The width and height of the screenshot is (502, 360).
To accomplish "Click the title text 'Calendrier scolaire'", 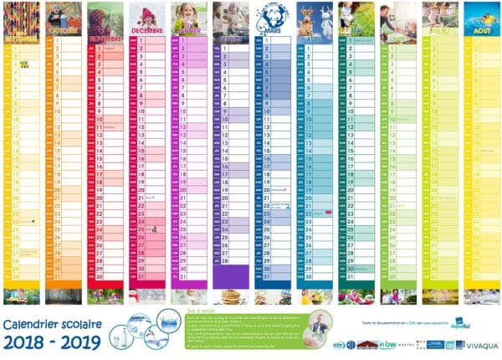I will pos(51,322).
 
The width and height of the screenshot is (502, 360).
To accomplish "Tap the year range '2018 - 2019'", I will pos(51,342).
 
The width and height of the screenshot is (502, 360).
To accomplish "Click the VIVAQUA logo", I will pos(479,343).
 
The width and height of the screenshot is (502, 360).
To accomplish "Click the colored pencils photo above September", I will pos(21,18).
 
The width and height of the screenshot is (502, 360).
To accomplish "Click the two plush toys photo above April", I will pos(314,18).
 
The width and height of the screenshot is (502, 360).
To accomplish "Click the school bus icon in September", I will pos(24,64).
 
